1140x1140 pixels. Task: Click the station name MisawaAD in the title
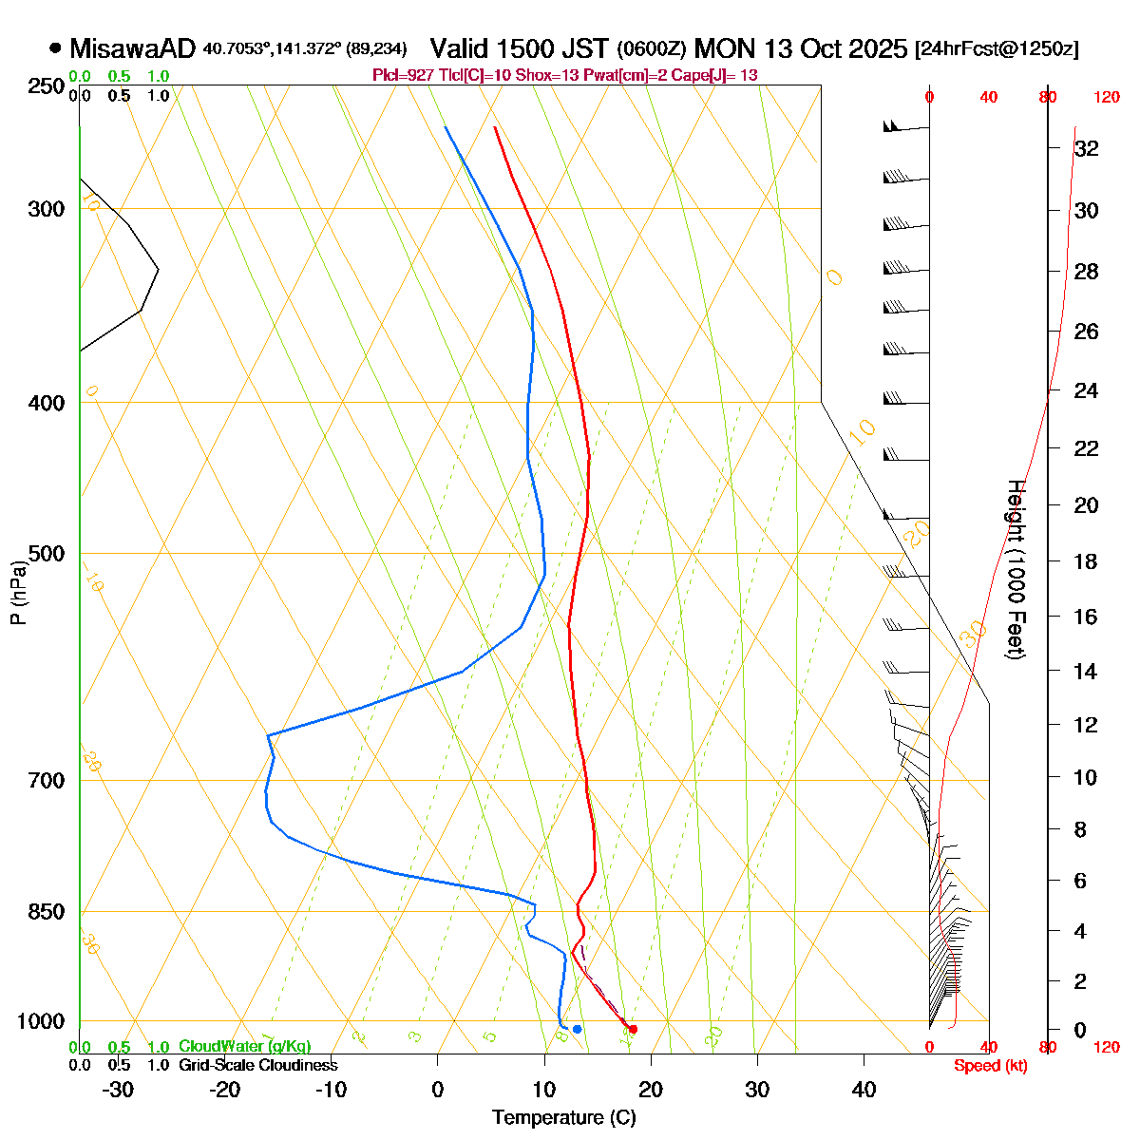[132, 48]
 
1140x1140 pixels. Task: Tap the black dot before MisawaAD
[55, 48]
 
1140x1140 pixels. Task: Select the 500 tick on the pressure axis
[46, 553]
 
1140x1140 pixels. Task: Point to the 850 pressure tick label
[46, 912]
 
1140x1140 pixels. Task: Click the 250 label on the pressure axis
[46, 86]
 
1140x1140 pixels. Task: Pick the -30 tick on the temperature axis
[118, 1090]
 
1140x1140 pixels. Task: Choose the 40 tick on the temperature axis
[864, 1090]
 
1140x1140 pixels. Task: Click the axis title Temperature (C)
[563, 1117]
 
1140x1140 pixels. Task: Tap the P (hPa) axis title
[17, 591]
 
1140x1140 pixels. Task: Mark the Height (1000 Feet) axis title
[1015, 570]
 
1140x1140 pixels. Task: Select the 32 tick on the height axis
[1086, 149]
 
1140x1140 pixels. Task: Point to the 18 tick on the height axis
[1086, 561]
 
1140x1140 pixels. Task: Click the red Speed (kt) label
[991, 1066]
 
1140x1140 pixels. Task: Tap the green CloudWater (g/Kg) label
[244, 1047]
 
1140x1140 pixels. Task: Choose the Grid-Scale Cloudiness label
[257, 1066]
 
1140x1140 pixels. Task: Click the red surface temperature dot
[633, 1029]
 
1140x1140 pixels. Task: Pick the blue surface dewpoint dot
[577, 1029]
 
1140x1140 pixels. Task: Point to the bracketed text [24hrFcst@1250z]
[996, 49]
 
